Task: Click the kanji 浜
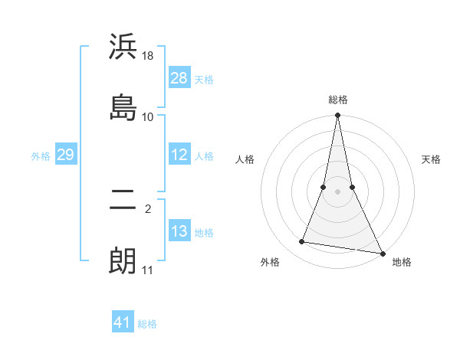123,47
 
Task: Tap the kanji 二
123,201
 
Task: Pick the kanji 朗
123,260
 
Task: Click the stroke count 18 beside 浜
148,57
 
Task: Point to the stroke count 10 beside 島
148,116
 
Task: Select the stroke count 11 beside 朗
147,270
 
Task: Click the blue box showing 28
179,77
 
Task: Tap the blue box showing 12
179,155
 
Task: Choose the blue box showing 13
179,231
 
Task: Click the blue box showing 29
65,155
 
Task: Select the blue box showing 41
123,322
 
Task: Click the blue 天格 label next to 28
204,79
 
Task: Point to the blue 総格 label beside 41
147,324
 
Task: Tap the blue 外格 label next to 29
41,156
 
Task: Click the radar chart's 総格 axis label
338,100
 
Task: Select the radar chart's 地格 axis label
402,263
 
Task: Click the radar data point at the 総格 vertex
337,116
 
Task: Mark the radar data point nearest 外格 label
302,242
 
